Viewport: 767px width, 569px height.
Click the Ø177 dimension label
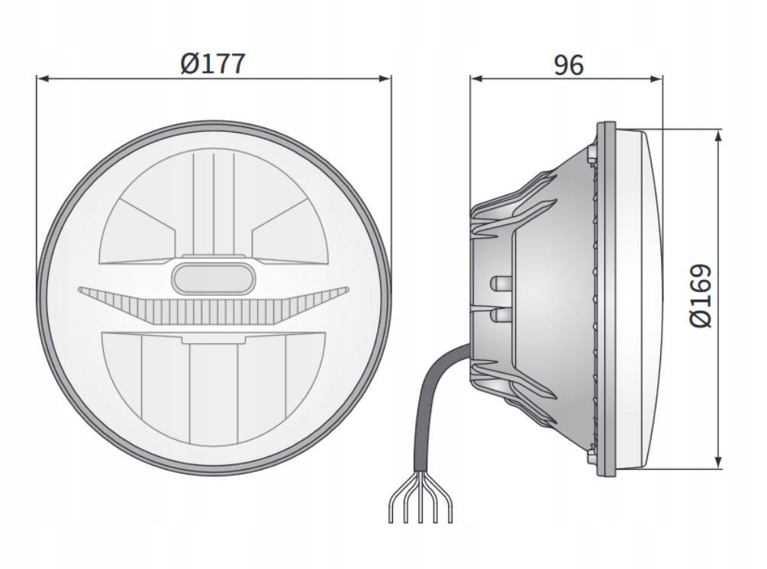tap(213, 63)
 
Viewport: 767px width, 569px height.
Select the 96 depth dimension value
tap(568, 65)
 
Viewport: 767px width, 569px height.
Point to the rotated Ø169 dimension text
tap(700, 296)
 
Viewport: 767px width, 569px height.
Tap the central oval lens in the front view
tap(214, 278)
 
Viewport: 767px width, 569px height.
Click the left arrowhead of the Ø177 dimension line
tap(43, 78)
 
